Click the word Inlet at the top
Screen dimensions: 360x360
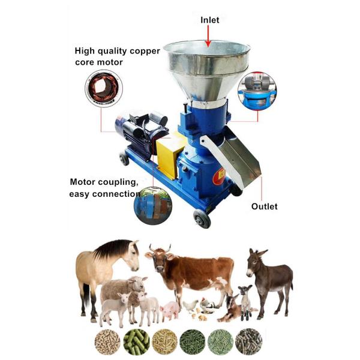click(x=209, y=20)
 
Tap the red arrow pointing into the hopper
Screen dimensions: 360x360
click(x=208, y=36)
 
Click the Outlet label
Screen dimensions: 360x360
click(x=264, y=206)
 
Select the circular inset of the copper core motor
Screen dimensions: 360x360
click(x=104, y=89)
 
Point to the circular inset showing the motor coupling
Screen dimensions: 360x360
click(x=153, y=206)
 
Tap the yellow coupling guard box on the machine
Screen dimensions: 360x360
click(x=169, y=155)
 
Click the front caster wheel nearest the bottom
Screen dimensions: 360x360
click(x=202, y=219)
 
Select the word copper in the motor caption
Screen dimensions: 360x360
click(x=145, y=51)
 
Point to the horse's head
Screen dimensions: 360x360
click(x=132, y=255)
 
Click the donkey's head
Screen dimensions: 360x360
click(x=254, y=262)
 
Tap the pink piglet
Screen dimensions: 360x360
click(x=170, y=311)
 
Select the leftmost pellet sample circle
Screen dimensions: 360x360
click(x=107, y=342)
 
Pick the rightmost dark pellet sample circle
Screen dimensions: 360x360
click(x=248, y=342)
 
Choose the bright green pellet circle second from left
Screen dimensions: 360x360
click(x=136, y=342)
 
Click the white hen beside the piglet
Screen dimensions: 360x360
click(x=190, y=306)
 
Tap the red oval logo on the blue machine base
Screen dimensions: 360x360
click(x=219, y=176)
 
